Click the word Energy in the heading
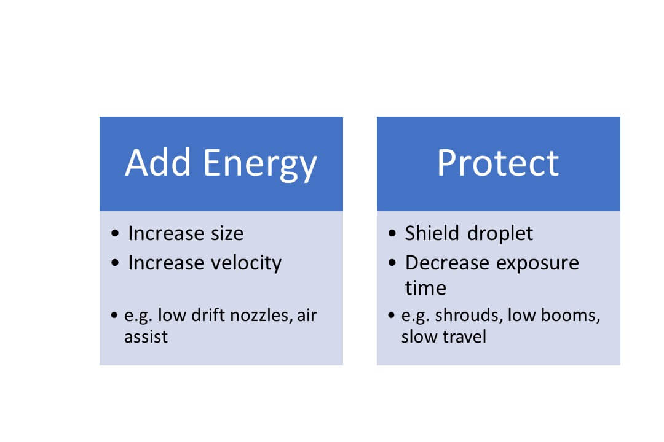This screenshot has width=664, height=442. [x=260, y=165]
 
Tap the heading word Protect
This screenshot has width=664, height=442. [x=498, y=163]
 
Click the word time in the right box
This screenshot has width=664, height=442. [x=425, y=288]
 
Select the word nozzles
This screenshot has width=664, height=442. [x=262, y=316]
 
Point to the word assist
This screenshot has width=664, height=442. [x=146, y=337]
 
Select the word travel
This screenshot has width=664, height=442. [x=464, y=337]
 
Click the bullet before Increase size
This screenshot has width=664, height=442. [x=116, y=235]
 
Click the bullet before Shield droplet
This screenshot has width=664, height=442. [x=393, y=235]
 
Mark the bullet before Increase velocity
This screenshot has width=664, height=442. [x=116, y=264]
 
